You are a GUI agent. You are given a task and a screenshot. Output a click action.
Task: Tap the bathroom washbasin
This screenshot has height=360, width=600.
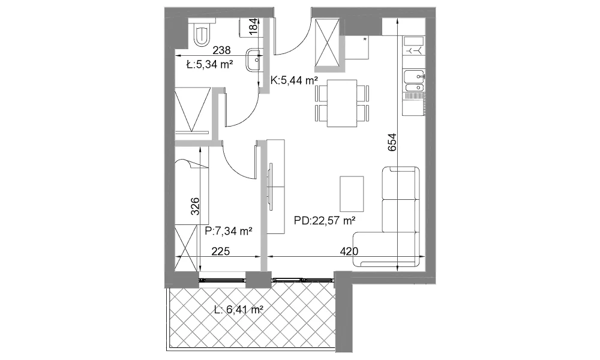(x=254, y=60)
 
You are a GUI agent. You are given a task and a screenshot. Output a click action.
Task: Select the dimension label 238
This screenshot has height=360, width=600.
(x=221, y=50)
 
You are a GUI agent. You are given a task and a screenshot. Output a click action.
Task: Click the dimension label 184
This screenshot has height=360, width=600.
(x=254, y=27)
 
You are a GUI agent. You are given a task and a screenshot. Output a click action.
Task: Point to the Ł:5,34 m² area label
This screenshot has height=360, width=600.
(x=209, y=64)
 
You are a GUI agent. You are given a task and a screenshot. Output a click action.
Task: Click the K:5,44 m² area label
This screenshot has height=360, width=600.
(x=294, y=80)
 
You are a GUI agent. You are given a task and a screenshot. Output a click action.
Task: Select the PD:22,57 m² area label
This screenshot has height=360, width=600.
(x=325, y=221)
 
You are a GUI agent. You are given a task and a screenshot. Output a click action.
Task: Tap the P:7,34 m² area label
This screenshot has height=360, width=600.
(x=228, y=230)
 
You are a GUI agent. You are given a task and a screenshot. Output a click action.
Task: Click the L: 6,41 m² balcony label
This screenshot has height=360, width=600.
(x=238, y=310)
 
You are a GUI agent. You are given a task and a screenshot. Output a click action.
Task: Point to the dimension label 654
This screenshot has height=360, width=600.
(x=392, y=142)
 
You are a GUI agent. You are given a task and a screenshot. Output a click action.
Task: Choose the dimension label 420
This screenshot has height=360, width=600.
(x=349, y=251)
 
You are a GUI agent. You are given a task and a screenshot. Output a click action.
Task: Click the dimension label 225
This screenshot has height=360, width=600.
(x=221, y=251)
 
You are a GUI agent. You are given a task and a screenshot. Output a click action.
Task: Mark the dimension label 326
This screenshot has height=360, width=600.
(x=195, y=206)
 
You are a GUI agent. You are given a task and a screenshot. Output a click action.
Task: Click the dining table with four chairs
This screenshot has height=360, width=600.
(x=342, y=103)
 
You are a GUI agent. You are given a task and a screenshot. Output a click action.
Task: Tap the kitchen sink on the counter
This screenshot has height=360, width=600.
(x=415, y=81)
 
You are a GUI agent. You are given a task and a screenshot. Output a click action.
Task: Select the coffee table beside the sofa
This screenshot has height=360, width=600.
(x=352, y=194)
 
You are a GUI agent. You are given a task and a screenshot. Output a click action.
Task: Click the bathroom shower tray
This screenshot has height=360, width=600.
(x=192, y=110)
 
